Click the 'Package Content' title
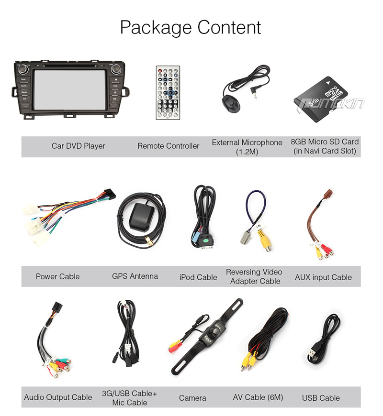[x=191, y=27]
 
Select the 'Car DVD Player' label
[x=78, y=146]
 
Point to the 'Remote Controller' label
[x=168, y=146]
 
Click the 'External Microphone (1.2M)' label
[x=247, y=147]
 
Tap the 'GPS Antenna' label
[x=135, y=276]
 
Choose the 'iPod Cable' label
[x=198, y=277]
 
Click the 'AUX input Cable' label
[x=323, y=277]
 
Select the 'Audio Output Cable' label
[x=58, y=397]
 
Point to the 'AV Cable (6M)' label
[x=258, y=397]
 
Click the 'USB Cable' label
[x=321, y=398]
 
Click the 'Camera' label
[x=192, y=398]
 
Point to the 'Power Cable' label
[x=57, y=277]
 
